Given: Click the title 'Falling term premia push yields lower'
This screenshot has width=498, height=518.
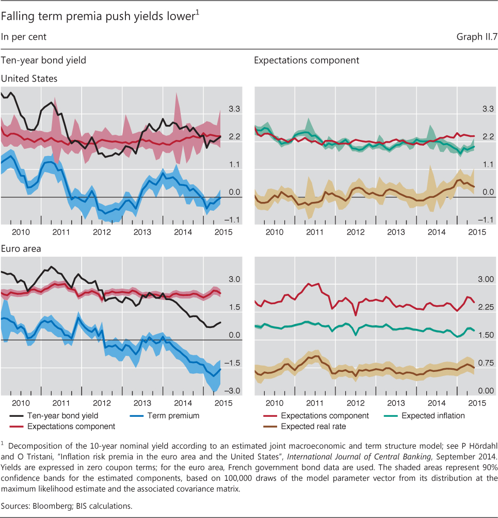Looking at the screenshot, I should pos(98,17).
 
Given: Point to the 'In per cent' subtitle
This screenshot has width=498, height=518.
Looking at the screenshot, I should pos(24,37).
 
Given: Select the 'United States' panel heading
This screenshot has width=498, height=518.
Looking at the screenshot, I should pos(29,79).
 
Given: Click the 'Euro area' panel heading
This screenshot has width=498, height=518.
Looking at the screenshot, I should pos(21,248).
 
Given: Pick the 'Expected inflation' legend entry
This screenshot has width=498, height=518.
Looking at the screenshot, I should pos(433,415).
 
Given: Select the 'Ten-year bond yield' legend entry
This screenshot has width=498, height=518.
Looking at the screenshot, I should pos(62,415).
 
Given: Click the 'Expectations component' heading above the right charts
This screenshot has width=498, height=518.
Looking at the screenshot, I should pos(307,60).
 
